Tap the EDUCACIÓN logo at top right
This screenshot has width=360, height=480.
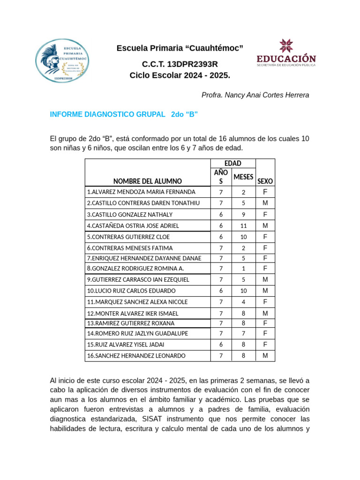pos(286,53)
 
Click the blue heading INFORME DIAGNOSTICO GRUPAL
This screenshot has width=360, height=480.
pos(108,114)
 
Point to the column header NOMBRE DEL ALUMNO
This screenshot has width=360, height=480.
pos(147,181)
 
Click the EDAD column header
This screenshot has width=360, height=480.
pos(232,163)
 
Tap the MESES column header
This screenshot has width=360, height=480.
pos(243,177)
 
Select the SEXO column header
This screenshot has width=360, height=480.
pos(265,181)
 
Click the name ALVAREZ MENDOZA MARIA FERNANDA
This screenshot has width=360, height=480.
pos(141,192)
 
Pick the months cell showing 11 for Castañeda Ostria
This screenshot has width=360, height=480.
pos(243,225)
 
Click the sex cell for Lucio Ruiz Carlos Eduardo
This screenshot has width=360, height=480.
pos(265,291)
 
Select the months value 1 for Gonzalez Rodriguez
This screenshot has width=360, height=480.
pos(243,269)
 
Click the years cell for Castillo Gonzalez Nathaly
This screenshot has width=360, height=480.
pos(221,215)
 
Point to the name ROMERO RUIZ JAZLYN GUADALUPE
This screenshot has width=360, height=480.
pos(137,334)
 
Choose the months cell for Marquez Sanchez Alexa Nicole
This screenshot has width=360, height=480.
pos(243,302)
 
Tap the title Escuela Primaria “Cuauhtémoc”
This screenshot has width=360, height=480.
pos(180,48)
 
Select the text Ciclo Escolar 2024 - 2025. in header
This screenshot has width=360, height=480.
pos(180,75)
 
